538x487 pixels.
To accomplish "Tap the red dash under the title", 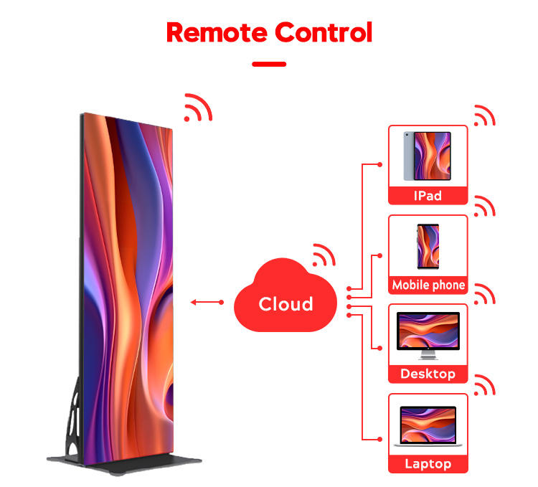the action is (x=269, y=64).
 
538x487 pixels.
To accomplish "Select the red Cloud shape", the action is (x=285, y=301).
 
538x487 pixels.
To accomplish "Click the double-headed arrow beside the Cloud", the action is (x=207, y=303).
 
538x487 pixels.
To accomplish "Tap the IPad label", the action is (x=428, y=196).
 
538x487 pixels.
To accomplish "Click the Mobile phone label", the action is (x=428, y=285).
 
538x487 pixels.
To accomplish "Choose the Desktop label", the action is (x=428, y=374).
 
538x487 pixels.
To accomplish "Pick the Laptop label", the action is (x=428, y=463).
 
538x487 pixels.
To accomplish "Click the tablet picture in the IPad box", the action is (x=427, y=155).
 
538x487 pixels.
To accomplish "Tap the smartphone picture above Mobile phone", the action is (x=428, y=245).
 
